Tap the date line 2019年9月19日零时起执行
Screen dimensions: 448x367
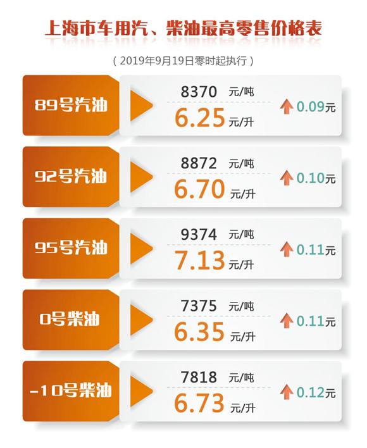coord(183,61)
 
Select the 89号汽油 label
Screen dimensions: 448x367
coord(72,105)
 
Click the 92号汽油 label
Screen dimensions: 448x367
coord(72,177)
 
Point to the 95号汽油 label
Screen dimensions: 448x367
coord(72,248)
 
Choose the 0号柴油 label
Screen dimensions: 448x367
coord(72,319)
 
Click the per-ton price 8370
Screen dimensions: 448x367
coord(199,92)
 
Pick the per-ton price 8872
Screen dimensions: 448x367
coord(199,164)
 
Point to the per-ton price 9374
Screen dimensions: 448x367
coord(199,235)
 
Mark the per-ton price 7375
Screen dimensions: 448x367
coord(199,306)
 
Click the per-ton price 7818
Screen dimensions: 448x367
coord(199,378)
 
